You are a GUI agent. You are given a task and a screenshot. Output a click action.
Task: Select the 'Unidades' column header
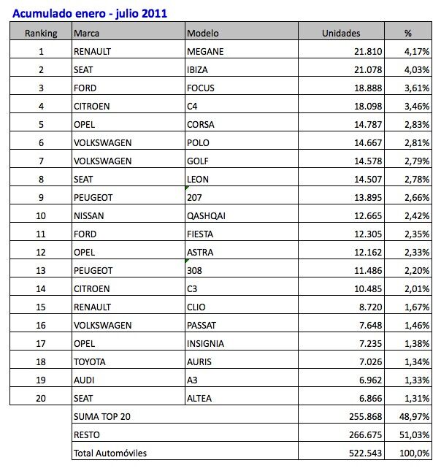(341, 33)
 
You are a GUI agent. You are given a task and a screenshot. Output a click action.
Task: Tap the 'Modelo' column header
(202, 33)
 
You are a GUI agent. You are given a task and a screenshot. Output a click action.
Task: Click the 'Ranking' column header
(41, 33)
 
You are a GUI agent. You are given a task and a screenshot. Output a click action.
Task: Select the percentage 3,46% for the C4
(417, 106)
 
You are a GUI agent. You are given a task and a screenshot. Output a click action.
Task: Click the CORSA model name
(202, 124)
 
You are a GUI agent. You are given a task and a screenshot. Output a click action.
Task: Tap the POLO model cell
(199, 142)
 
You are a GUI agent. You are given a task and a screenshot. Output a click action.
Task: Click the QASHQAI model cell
(208, 215)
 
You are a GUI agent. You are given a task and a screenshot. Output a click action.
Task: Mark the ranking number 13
(41, 270)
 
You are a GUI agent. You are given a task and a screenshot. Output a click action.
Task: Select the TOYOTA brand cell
(90, 361)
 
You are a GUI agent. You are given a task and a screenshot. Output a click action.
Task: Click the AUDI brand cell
(85, 380)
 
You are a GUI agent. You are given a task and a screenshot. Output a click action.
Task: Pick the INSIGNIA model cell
(206, 343)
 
